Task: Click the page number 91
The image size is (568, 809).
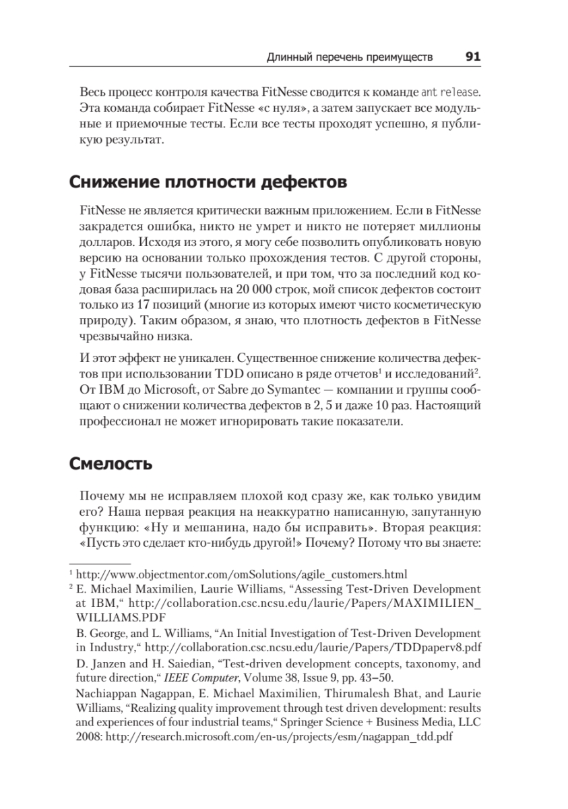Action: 472,57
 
